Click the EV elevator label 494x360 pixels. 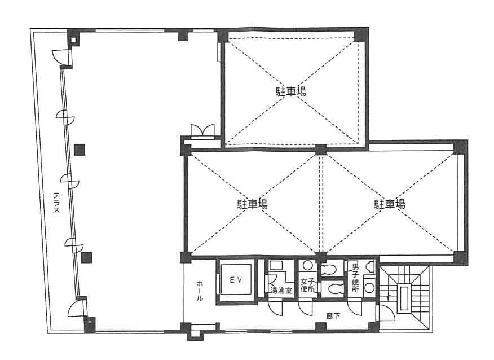[x=236, y=280]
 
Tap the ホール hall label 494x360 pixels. [x=200, y=291]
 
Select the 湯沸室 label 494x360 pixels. [x=281, y=291]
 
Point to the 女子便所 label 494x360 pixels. [x=307, y=285]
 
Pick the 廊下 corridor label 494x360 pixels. [x=333, y=316]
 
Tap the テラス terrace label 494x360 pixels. [x=56, y=202]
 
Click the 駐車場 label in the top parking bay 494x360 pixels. [x=291, y=91]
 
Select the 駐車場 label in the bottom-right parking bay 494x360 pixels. [x=390, y=204]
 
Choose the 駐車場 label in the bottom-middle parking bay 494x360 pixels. [x=252, y=204]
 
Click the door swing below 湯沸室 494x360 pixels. [x=275, y=308]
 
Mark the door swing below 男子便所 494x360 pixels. [x=355, y=308]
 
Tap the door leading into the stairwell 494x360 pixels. [x=385, y=313]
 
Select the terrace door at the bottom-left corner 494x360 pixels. [x=77, y=308]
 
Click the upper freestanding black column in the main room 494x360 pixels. [x=80, y=150]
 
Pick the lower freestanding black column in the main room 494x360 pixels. [x=86, y=257]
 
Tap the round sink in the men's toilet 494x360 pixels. [x=369, y=288]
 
